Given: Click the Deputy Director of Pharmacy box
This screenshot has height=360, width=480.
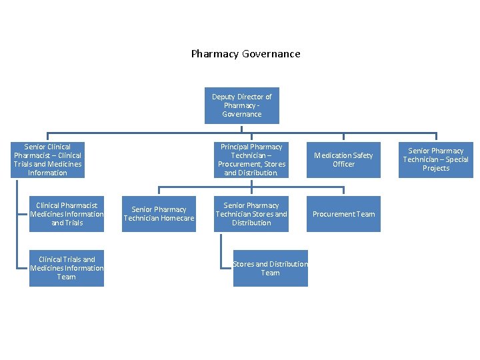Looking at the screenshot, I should click(241, 105).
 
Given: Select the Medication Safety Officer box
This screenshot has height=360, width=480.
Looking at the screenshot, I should click(343, 159).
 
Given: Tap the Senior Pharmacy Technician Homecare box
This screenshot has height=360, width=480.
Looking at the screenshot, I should click(159, 214).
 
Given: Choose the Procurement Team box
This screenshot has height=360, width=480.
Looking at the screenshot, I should click(343, 214).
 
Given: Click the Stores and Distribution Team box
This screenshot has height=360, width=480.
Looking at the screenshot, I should click(270, 268).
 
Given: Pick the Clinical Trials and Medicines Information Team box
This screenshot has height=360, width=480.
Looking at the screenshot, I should click(66, 268).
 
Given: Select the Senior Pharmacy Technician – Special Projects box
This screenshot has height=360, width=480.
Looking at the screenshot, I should click(435, 159).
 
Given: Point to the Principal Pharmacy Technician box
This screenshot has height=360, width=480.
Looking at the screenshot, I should click(251, 159).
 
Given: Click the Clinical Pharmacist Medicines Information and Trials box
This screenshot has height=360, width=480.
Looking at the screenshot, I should click(66, 214).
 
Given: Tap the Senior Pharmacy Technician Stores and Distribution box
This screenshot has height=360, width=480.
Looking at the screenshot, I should click(251, 214).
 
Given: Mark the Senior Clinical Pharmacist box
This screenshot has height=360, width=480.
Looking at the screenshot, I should click(47, 159).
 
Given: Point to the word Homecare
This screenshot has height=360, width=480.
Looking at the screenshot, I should click(177, 219).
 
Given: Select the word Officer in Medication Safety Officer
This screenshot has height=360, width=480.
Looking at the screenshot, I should click(343, 164).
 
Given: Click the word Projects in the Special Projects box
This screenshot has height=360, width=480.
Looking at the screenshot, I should click(435, 168).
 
